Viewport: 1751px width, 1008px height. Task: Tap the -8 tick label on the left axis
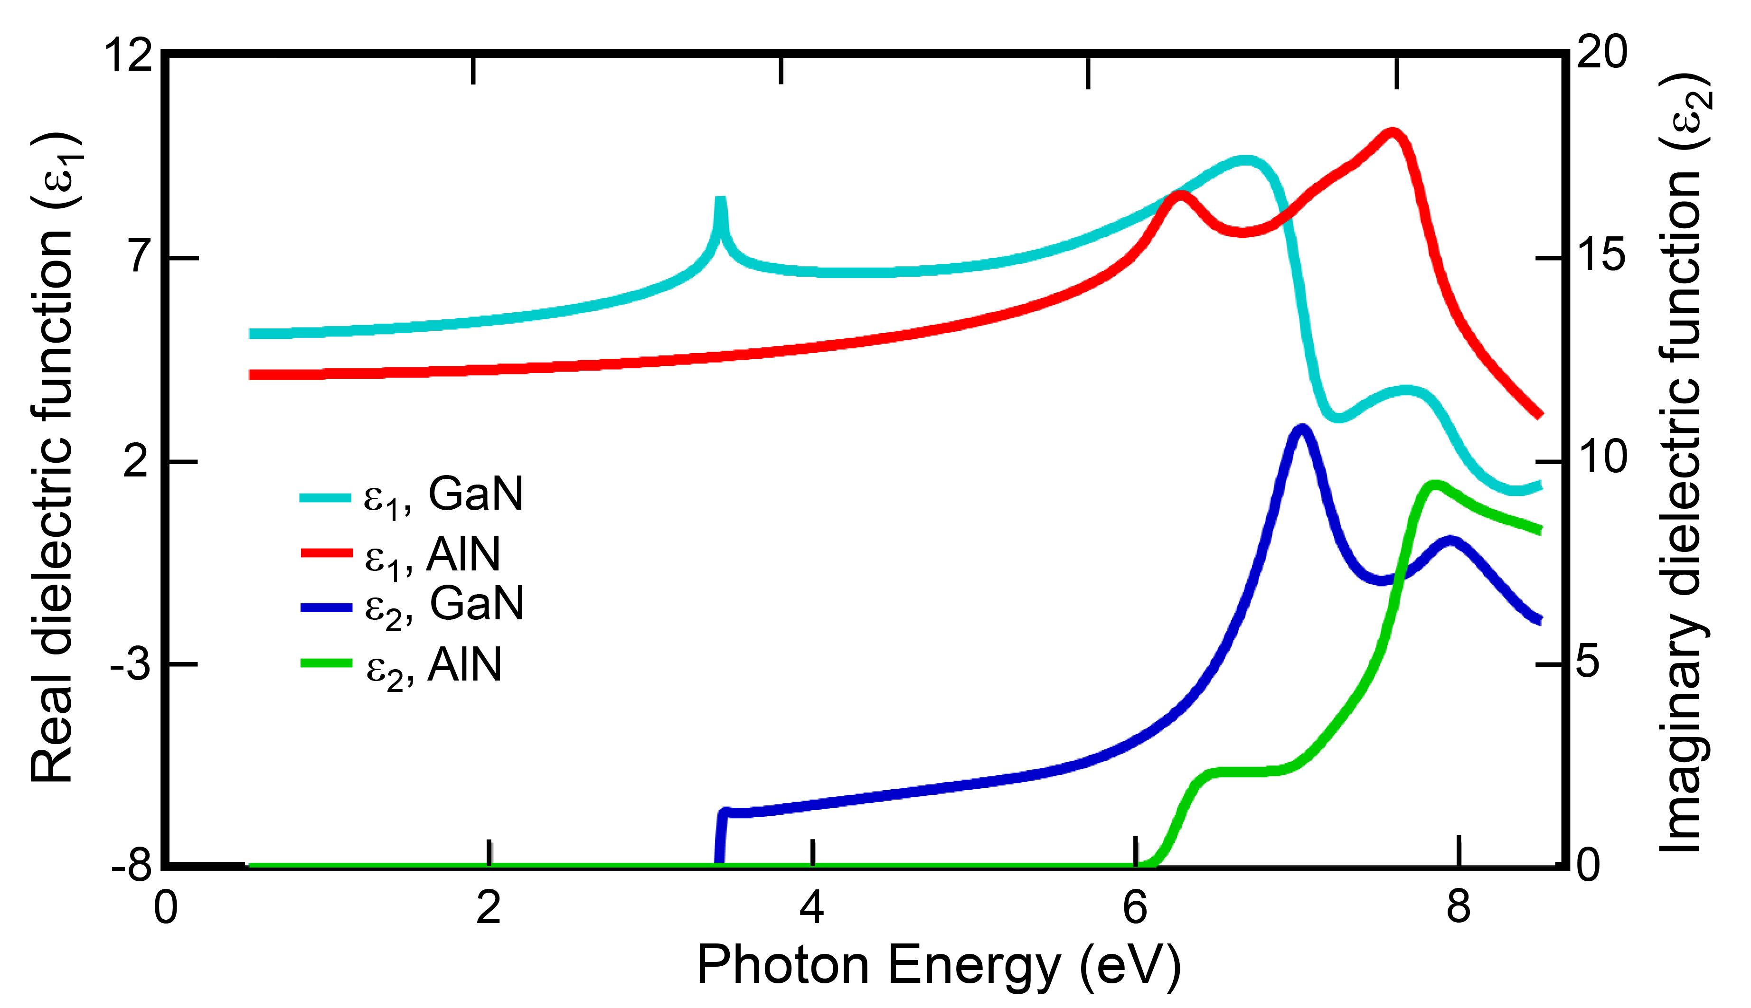tap(132, 865)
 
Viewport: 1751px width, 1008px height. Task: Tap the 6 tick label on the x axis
tap(1135, 907)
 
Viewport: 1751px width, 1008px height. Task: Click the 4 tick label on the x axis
tap(812, 907)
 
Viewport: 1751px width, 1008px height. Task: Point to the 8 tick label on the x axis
tap(1458, 907)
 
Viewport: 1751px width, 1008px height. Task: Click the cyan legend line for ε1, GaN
tap(326, 497)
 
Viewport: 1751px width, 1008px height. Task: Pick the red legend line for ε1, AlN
tap(326, 552)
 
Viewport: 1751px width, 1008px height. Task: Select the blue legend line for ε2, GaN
tap(326, 607)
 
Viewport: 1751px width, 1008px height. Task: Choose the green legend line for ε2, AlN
tap(326, 663)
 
